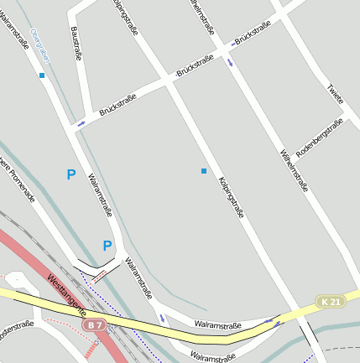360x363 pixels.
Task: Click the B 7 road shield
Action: click(96, 324)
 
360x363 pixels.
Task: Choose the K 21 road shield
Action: click(331, 302)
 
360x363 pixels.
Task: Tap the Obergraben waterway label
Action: click(39, 46)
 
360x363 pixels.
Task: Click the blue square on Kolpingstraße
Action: click(203, 171)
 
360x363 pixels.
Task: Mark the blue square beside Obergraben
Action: click(42, 75)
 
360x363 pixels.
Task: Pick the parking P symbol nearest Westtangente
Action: click(107, 246)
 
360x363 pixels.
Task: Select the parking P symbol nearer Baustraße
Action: click(71, 174)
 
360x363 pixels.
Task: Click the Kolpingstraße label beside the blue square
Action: click(231, 198)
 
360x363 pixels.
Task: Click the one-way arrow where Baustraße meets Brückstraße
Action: click(81, 123)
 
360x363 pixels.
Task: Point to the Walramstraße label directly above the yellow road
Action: click(217, 324)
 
